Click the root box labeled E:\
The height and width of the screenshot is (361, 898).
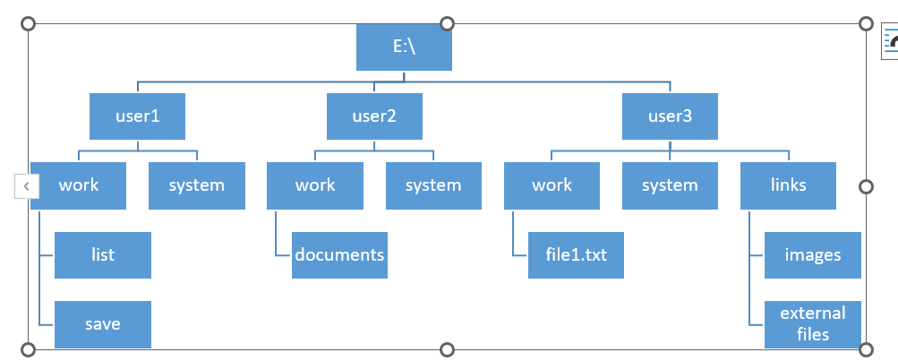coord(404,47)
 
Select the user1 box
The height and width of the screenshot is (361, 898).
coord(137,116)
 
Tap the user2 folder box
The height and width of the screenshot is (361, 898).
coord(374,116)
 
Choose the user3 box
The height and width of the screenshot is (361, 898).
coord(670,116)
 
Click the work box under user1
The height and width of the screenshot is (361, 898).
coord(79,185)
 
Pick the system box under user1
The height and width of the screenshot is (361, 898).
coord(196,185)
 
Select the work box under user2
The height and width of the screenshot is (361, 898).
coord(315,185)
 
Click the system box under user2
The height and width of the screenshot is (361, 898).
coord(433,185)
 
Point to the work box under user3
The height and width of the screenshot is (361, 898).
coord(552,185)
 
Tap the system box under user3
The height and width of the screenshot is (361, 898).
coord(670,185)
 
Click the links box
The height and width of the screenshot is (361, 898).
coord(789,185)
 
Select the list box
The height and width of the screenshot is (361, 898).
coord(102,254)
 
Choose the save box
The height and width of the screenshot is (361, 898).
coord(102,323)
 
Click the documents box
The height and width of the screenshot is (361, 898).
coord(339,254)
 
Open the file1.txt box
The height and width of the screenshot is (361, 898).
coord(576,254)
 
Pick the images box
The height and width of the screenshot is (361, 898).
coord(813,254)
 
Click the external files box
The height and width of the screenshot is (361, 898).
coord(813,323)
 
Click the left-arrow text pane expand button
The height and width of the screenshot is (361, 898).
coord(27,186)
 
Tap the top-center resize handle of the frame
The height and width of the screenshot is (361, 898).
coord(448,23)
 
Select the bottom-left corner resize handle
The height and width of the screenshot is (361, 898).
coord(28,348)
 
